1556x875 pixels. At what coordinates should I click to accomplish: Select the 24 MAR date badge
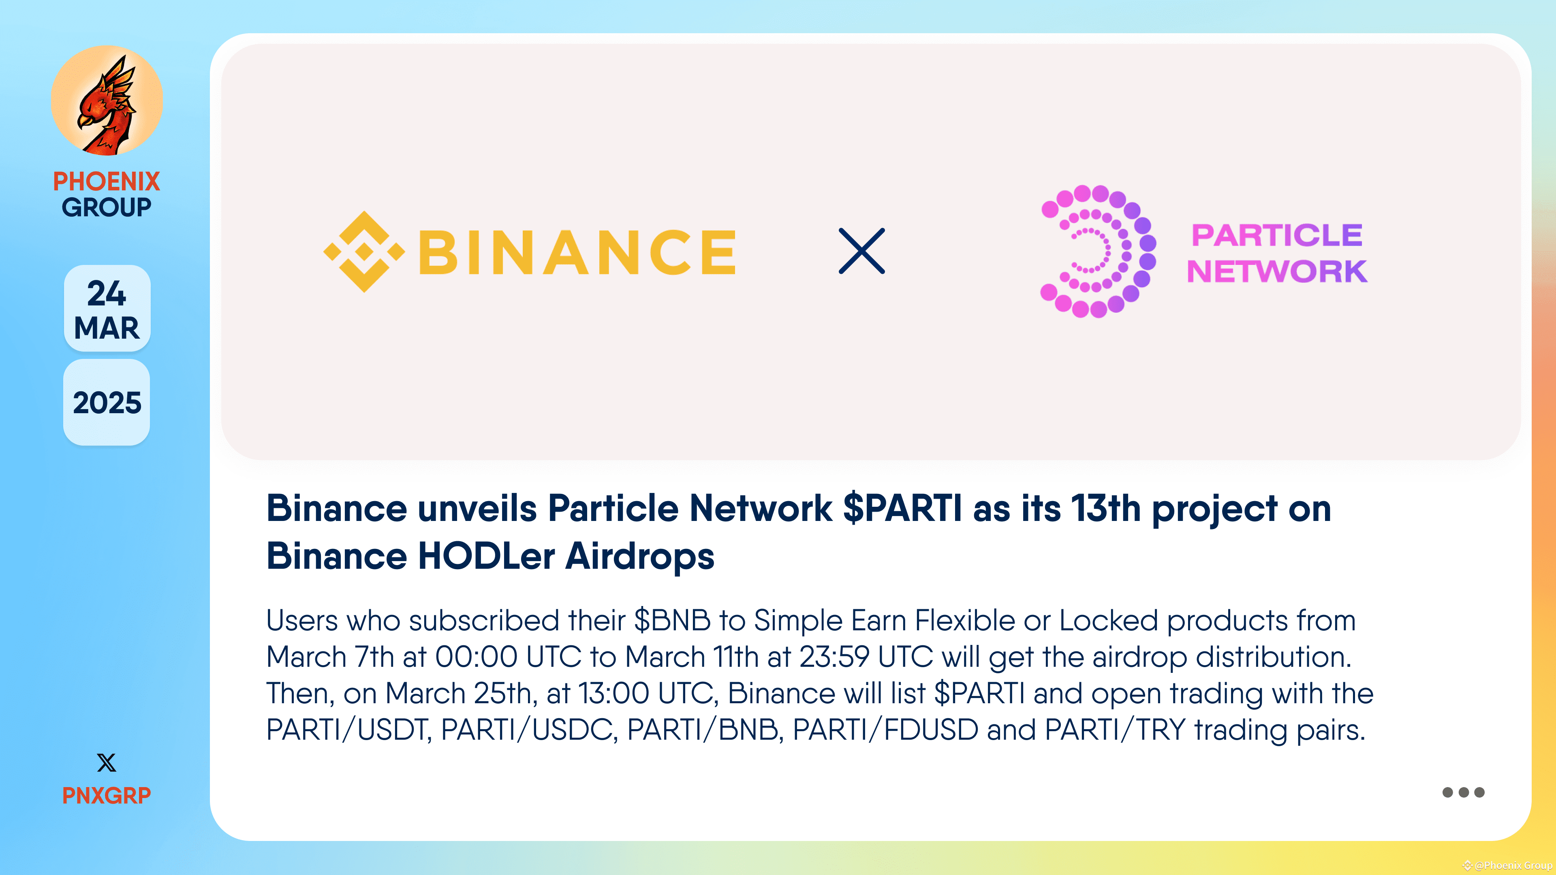pyautogui.click(x=107, y=309)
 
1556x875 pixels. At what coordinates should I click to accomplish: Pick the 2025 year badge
pyautogui.click(x=107, y=403)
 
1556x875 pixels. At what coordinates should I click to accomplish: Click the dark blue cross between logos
pyautogui.click(x=862, y=251)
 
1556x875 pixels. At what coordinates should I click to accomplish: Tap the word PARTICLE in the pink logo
pyautogui.click(x=1276, y=235)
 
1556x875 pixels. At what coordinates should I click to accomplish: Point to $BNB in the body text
pyautogui.click(x=672, y=621)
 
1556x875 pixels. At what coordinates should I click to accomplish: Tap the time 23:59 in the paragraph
pyautogui.click(x=834, y=657)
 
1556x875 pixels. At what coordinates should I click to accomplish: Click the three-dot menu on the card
pyautogui.click(x=1463, y=792)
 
